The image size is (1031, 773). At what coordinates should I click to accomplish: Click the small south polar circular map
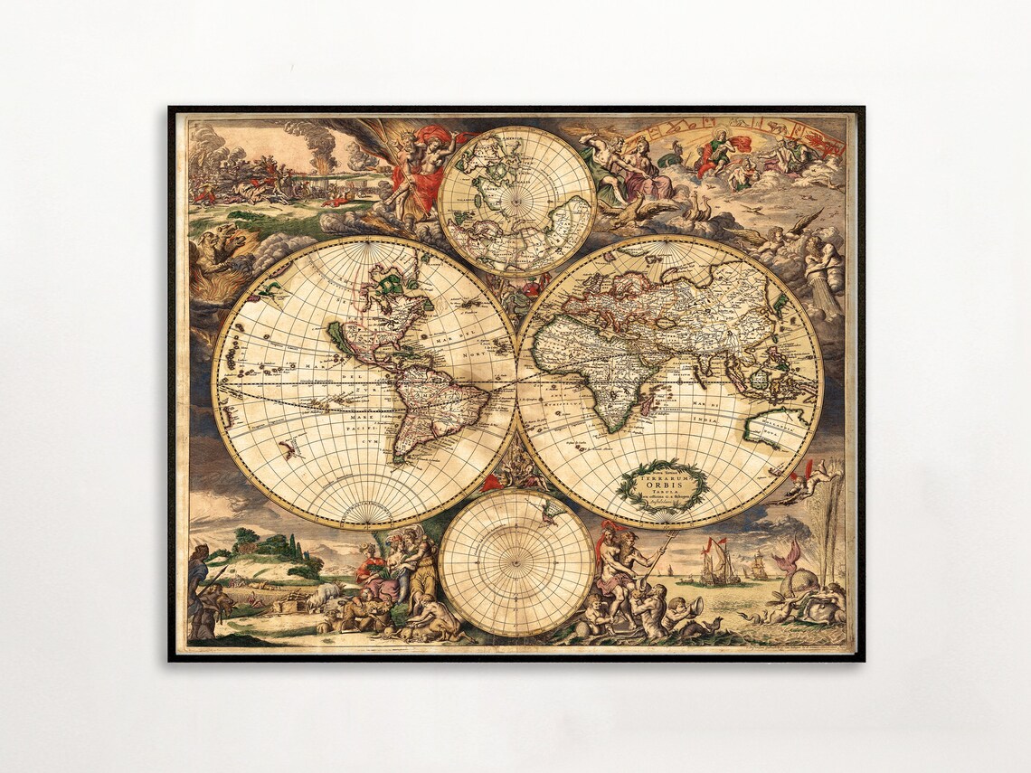[x=516, y=562]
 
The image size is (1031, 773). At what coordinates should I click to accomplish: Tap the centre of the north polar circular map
[x=516, y=201]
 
